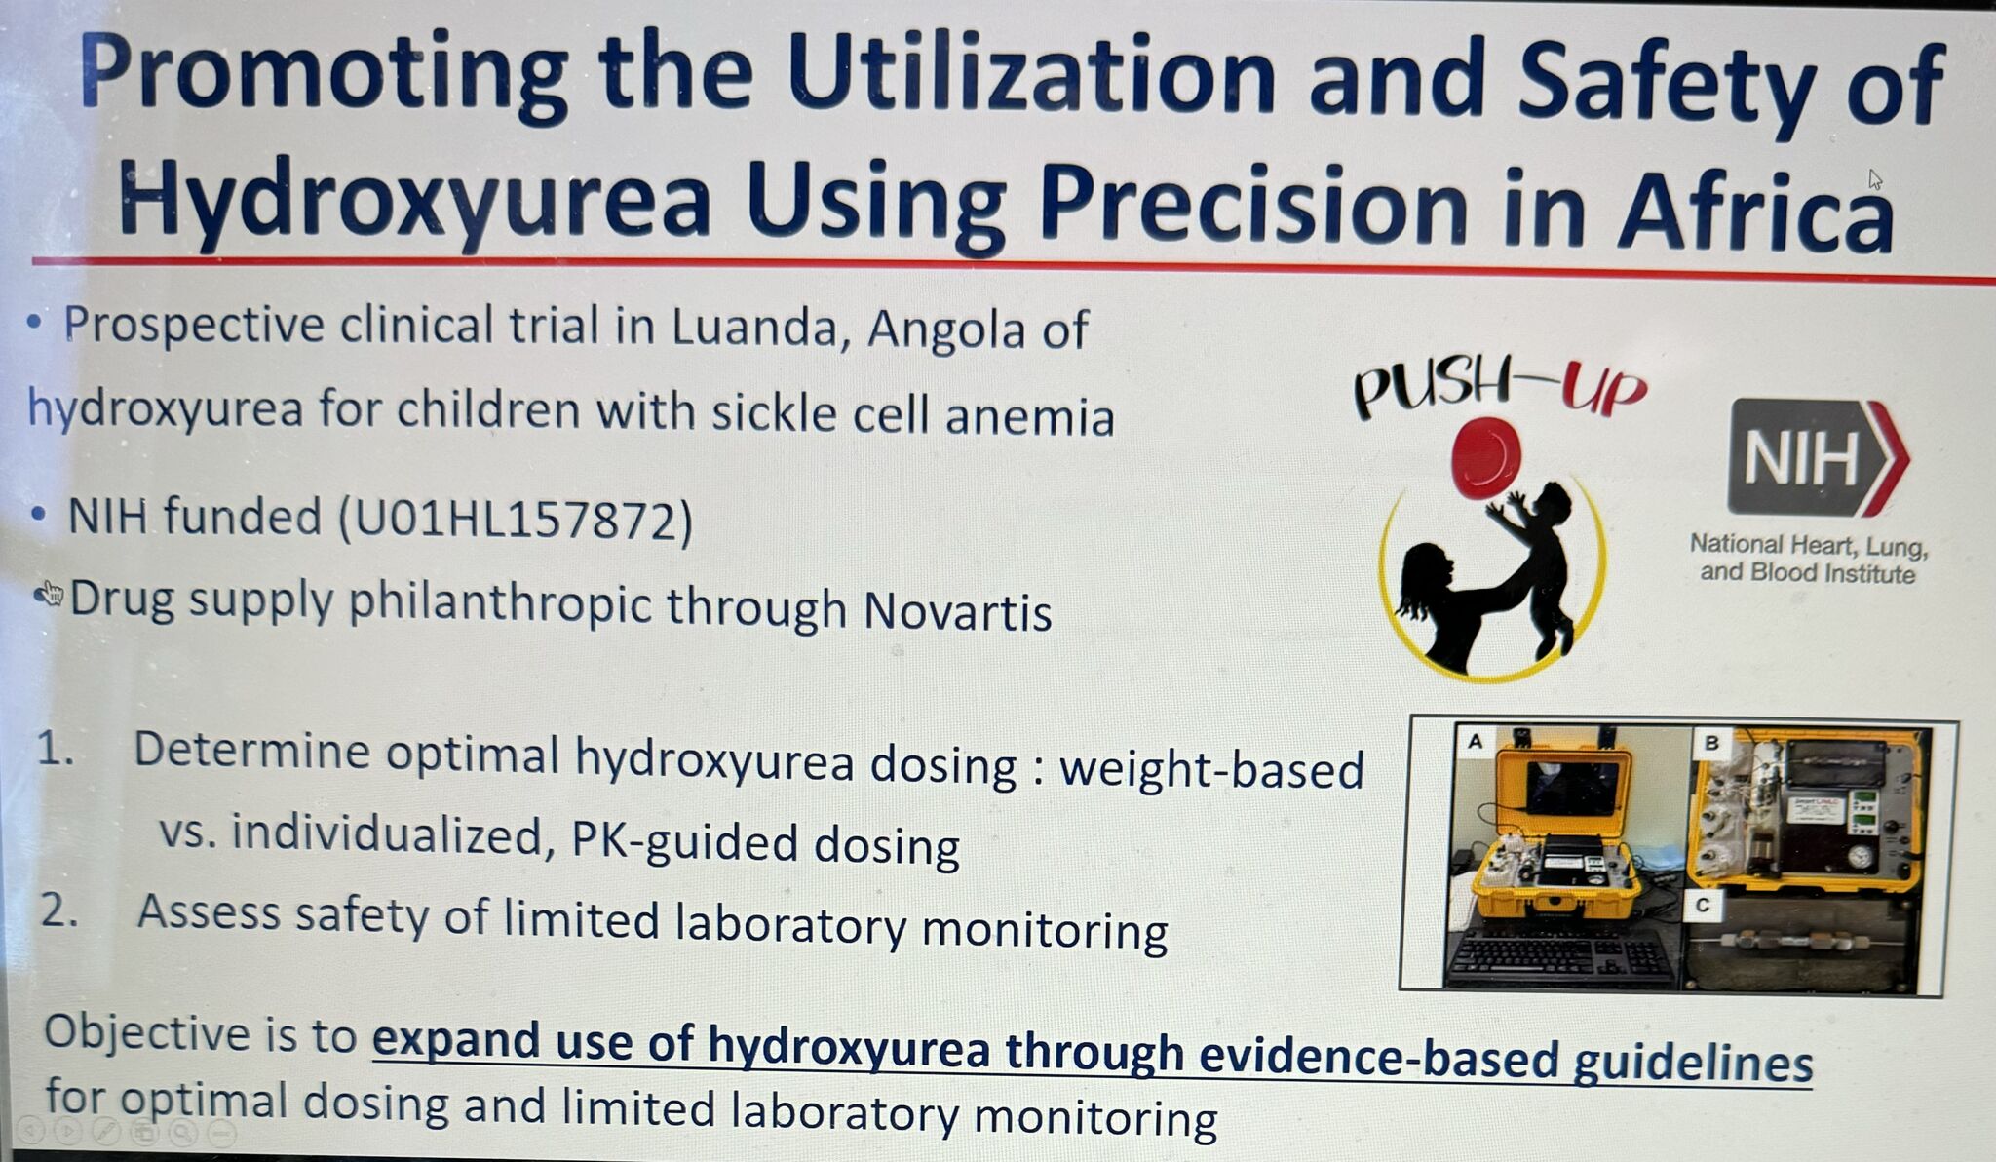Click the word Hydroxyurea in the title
[x=413, y=201]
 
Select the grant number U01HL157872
[x=516, y=519]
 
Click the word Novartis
[x=957, y=611]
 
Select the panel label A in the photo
[x=1476, y=742]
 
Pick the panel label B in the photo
[x=1711, y=744]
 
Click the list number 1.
[x=55, y=750]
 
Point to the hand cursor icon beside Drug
[x=49, y=593]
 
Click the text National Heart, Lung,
[x=1809, y=545]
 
